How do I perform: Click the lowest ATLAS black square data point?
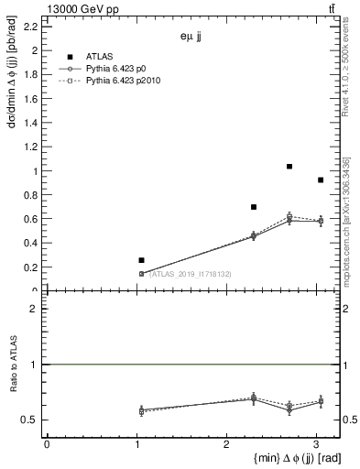(141, 260)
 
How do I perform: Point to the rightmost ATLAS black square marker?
(320, 180)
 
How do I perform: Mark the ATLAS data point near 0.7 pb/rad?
(254, 207)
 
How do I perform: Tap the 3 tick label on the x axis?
(316, 444)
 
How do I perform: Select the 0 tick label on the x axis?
(47, 444)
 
